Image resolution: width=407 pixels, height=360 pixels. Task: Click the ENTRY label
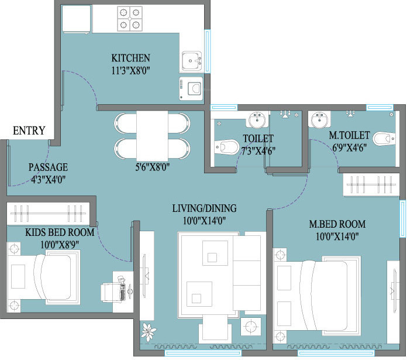click(29, 131)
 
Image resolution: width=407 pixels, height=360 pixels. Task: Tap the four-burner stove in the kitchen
click(129, 19)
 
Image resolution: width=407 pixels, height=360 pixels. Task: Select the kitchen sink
click(192, 61)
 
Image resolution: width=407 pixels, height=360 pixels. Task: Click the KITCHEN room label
click(130, 58)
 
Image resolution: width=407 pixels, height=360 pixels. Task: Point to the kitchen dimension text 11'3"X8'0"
click(130, 70)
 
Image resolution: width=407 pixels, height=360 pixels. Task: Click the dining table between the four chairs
click(152, 136)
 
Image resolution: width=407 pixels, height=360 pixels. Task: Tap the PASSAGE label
click(48, 167)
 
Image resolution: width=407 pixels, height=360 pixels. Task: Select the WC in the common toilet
click(227, 147)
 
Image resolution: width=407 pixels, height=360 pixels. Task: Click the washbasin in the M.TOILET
click(319, 119)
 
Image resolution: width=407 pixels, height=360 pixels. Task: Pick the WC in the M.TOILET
click(384, 139)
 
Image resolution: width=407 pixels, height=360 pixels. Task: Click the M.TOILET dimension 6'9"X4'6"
click(349, 148)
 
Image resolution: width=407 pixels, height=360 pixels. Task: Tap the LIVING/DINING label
click(204, 208)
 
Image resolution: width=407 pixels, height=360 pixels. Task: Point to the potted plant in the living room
click(148, 332)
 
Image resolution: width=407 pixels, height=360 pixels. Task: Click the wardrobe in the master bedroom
click(371, 184)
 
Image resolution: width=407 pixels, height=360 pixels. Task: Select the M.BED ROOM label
click(337, 224)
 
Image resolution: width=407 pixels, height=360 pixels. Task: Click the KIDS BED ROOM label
click(60, 232)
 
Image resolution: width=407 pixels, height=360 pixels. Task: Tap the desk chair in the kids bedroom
click(112, 292)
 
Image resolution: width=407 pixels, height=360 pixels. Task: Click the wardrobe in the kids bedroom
click(49, 214)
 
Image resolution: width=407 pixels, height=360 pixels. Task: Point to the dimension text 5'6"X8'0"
click(153, 167)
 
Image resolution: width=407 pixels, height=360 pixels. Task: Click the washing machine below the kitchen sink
click(191, 88)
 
